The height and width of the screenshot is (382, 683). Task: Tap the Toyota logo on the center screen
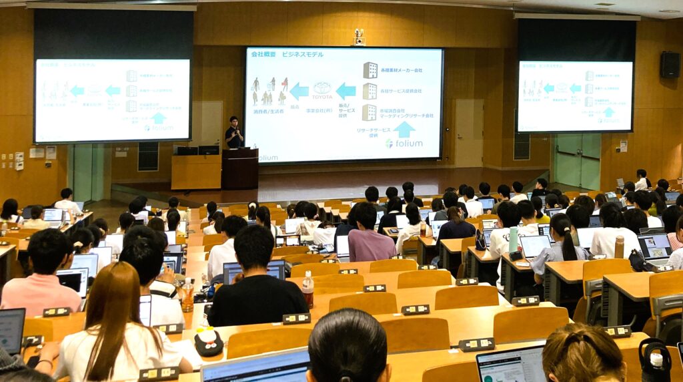click(322, 88)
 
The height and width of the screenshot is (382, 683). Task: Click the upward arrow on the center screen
click(404, 129)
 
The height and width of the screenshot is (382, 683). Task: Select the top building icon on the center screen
click(370, 70)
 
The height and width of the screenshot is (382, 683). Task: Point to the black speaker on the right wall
click(670, 65)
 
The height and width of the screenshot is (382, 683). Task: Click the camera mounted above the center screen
click(359, 37)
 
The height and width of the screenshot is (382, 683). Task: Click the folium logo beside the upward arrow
click(404, 143)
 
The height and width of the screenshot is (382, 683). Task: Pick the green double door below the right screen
click(578, 160)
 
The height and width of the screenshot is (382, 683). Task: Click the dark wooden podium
click(239, 168)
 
